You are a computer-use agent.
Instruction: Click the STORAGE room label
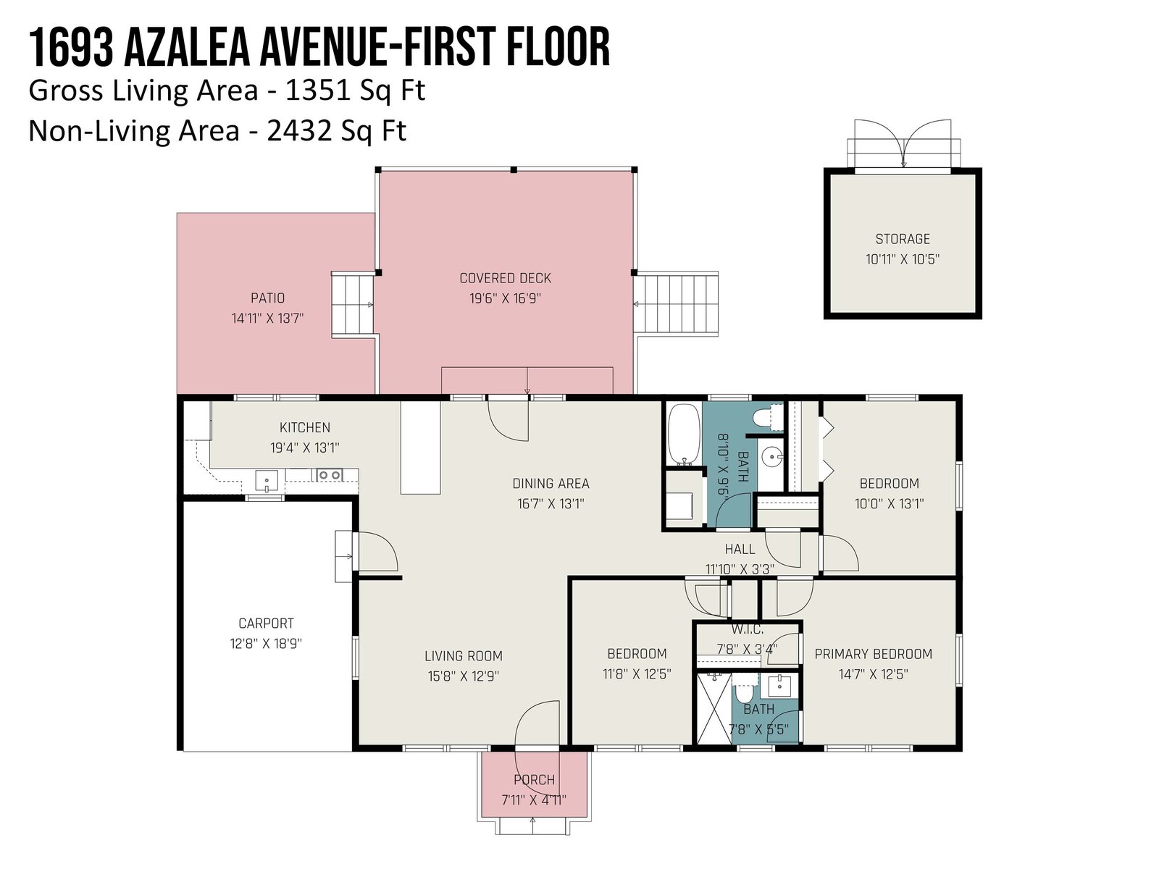(x=903, y=239)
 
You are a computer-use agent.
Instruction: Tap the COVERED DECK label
(x=506, y=278)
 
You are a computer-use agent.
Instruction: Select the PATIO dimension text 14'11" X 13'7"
(x=268, y=318)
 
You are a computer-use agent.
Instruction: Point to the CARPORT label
(x=266, y=623)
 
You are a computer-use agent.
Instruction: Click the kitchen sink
(x=267, y=481)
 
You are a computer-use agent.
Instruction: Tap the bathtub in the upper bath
(x=684, y=435)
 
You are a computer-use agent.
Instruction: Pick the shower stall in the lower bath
(x=714, y=708)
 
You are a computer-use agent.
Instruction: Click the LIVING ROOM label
(x=464, y=656)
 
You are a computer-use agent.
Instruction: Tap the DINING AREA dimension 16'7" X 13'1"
(x=551, y=503)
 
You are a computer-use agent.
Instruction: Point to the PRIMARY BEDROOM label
(x=874, y=654)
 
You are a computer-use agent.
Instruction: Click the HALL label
(x=740, y=549)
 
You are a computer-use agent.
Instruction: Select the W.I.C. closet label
(x=747, y=629)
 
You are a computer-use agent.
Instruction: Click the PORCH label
(x=535, y=779)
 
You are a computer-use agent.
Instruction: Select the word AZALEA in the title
(x=187, y=48)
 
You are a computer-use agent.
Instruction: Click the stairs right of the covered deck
(x=677, y=303)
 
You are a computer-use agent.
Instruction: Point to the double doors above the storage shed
(x=903, y=143)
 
